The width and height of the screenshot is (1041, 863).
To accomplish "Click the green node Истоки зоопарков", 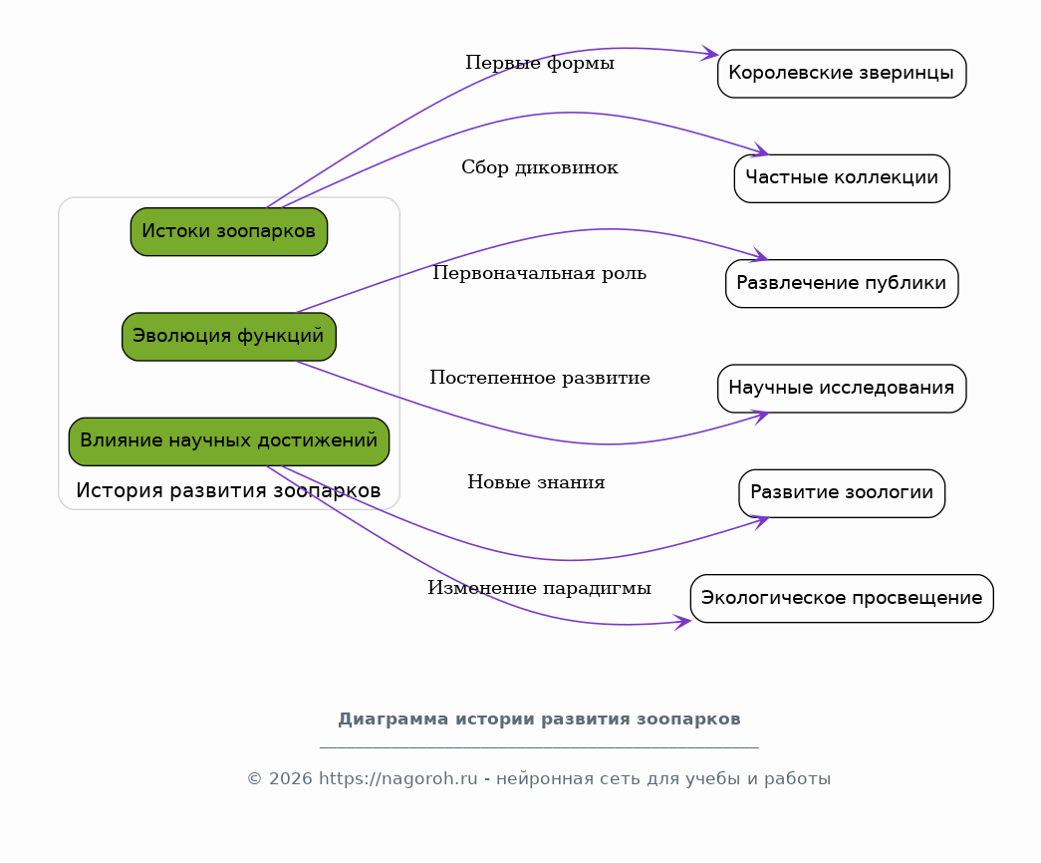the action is point(229,232).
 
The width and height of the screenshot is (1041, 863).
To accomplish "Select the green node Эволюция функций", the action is point(229,337).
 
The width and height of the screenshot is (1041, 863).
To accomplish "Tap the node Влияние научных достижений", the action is point(229,441).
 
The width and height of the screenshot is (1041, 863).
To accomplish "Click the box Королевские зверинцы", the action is point(842,74).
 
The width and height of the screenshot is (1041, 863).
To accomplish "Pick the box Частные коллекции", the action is point(842,178).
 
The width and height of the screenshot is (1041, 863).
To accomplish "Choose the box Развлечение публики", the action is point(842,284).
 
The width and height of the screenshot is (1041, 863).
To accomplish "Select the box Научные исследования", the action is point(842,389).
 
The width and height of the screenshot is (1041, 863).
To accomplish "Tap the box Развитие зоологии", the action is point(842,493).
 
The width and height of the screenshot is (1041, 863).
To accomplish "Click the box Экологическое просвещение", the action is point(842,599).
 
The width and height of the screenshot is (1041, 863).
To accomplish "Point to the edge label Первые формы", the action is point(540,63).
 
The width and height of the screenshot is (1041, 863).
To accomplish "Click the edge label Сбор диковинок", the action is point(540,167).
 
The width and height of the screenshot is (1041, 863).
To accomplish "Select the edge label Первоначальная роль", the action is point(540,273).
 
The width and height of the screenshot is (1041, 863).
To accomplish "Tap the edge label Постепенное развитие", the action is point(540,378).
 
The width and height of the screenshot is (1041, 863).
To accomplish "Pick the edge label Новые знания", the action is point(536,482).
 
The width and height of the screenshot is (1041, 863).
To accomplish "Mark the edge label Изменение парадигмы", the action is point(540,588).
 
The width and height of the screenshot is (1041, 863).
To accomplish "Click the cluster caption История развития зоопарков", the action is point(228,491).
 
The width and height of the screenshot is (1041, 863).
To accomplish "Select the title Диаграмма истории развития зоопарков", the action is point(539,719).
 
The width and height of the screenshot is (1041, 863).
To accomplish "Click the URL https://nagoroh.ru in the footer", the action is point(398,778).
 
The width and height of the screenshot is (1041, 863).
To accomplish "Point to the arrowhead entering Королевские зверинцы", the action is point(710,53).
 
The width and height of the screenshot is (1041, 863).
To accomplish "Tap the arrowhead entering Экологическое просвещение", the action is point(683,623).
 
